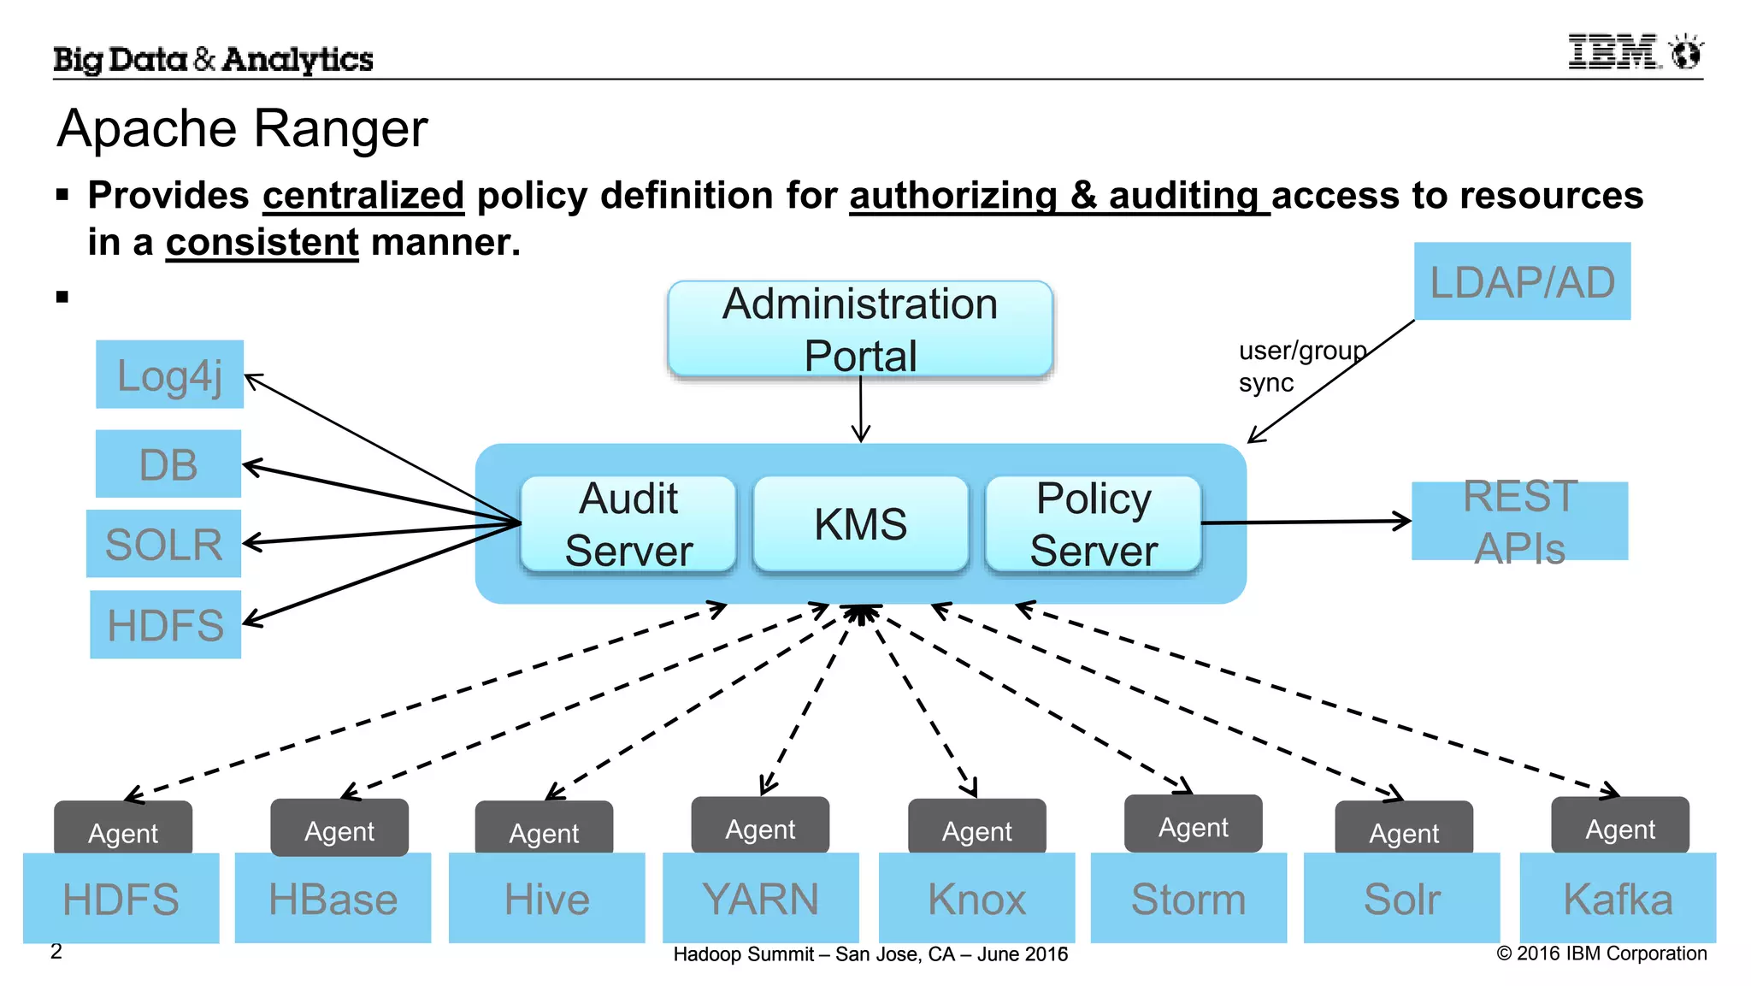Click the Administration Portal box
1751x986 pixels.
pos(860,329)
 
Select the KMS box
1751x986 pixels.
pos(861,523)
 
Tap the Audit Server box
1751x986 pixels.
pos(628,523)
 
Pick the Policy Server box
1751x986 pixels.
pos(1094,523)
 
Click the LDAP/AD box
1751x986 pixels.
pos(1522,281)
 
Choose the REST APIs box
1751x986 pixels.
pos(1519,521)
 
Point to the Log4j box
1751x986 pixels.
pos(169,375)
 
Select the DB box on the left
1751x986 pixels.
pos(168,464)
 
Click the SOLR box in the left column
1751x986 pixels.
pos(163,544)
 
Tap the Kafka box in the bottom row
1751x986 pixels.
pos(1618,898)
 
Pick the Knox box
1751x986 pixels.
pos(976,898)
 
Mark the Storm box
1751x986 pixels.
pos(1188,898)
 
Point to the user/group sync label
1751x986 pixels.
pos(1301,366)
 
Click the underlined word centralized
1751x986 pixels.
pos(363,196)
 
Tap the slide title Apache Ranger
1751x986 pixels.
pos(242,129)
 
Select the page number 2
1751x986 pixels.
pos(56,951)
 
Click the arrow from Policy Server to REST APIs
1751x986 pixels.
pos(1306,522)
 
